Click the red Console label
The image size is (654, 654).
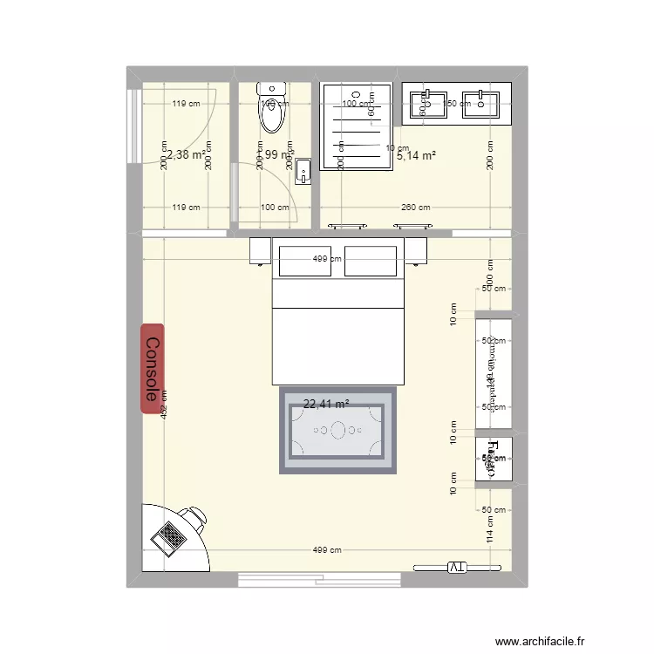click(x=153, y=369)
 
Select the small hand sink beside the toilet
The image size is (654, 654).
click(x=303, y=171)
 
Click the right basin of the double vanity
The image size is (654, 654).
click(x=480, y=104)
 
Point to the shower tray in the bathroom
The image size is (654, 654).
click(x=357, y=126)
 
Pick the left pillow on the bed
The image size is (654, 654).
click(x=304, y=261)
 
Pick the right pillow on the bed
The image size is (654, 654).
click(x=371, y=261)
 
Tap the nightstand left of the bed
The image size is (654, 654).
click(x=261, y=250)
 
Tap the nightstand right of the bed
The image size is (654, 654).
click(x=415, y=250)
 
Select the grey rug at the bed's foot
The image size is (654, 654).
click(x=337, y=431)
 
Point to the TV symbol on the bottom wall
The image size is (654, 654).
click(x=459, y=568)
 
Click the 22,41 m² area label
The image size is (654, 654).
click(x=326, y=404)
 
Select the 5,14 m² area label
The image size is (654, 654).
click(x=416, y=157)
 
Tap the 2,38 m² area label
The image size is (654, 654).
click(x=184, y=154)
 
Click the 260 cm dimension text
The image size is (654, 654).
click(x=416, y=208)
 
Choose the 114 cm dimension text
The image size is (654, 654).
click(x=490, y=534)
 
